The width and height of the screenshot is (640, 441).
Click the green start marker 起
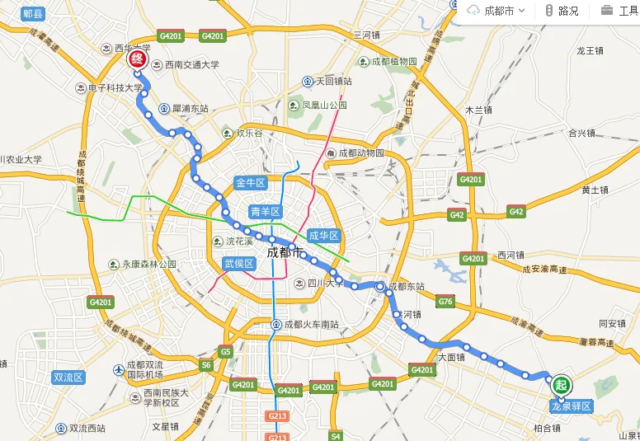562,384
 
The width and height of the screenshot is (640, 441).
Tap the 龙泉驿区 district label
572,406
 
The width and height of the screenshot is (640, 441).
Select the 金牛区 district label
250,183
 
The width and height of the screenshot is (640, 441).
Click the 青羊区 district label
266,212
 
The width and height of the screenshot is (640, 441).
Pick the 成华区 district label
325,236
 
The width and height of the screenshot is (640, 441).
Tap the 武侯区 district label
239,264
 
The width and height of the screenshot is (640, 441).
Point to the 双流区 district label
68,378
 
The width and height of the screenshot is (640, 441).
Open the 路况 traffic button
562,11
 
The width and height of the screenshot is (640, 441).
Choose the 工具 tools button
619,11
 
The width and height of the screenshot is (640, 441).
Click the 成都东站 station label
405,287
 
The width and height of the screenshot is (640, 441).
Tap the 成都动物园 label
361,153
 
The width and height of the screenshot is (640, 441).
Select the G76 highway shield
445,302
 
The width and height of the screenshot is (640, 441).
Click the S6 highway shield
206,364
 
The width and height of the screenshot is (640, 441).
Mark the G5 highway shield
225,352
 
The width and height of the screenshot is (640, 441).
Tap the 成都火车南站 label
311,325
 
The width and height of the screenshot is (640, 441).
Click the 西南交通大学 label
191,64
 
